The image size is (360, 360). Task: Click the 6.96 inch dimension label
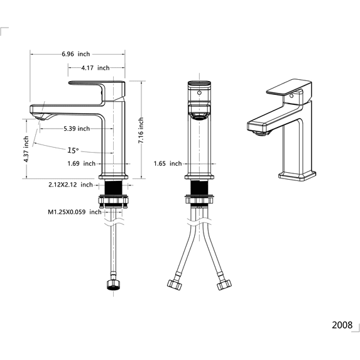click(x=76, y=54)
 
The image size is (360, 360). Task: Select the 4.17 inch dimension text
click(x=95, y=68)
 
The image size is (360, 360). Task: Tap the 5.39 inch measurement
click(x=77, y=129)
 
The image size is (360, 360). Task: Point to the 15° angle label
click(x=73, y=150)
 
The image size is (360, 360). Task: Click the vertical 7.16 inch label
click(x=141, y=130)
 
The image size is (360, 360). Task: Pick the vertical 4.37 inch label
click(x=26, y=149)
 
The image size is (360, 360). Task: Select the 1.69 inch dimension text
click(x=81, y=164)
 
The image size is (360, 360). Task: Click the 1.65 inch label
click(x=168, y=164)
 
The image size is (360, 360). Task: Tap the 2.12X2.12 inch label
click(x=70, y=185)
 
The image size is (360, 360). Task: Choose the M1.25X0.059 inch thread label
click(x=75, y=212)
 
